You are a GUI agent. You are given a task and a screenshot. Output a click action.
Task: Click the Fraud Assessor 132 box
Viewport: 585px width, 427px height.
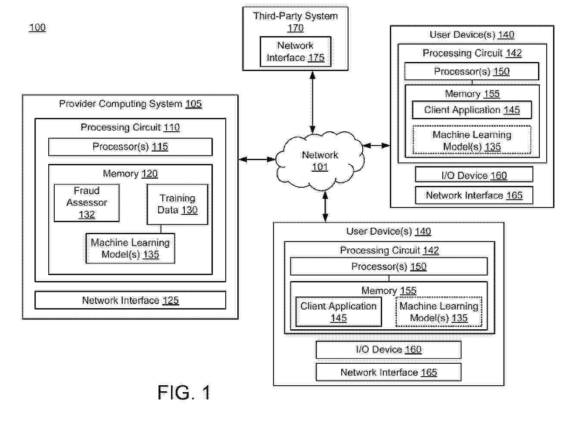pyautogui.click(x=87, y=203)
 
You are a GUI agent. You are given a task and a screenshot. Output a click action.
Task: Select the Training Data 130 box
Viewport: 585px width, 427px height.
pyautogui.click(x=177, y=204)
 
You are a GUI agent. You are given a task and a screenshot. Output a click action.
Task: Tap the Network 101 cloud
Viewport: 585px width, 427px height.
pyautogui.click(x=320, y=161)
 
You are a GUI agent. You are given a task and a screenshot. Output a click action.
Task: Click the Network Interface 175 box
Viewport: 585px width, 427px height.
pyautogui.click(x=296, y=52)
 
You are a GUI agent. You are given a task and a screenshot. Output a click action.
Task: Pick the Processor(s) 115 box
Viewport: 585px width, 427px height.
pyautogui.click(x=130, y=147)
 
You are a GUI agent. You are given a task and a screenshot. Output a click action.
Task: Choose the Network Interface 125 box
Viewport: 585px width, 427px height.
pyautogui.click(x=130, y=300)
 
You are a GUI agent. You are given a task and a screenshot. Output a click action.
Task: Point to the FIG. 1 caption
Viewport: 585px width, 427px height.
pyautogui.click(x=184, y=393)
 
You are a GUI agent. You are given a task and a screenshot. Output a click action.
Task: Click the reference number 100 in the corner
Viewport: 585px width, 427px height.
pyautogui.click(x=37, y=28)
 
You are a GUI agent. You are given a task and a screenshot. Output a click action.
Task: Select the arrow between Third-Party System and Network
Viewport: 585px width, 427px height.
pyautogui.click(x=312, y=102)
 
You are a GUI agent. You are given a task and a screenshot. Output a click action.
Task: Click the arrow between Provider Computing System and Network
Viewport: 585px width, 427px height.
pyautogui.click(x=257, y=159)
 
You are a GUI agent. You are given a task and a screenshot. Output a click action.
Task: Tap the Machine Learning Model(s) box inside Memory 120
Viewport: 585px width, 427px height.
pyautogui.click(x=130, y=248)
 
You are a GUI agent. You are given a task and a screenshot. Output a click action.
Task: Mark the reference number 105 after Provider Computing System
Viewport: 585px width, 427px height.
pyautogui.click(x=193, y=104)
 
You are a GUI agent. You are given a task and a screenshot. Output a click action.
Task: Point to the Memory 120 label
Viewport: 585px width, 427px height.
pyautogui.click(x=130, y=174)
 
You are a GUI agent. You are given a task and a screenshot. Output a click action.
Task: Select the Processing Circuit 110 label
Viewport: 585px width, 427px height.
pyautogui.click(x=130, y=127)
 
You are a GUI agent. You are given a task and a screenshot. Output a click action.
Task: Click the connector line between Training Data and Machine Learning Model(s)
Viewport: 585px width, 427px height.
pyautogui.click(x=161, y=229)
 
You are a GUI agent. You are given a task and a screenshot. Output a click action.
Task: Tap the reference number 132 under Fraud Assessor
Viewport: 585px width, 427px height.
pyautogui.click(x=87, y=214)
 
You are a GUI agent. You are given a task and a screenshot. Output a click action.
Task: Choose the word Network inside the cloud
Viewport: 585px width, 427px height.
pyautogui.click(x=320, y=155)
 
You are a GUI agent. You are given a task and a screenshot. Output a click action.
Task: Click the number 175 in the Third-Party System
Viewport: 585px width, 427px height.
pyautogui.click(x=316, y=58)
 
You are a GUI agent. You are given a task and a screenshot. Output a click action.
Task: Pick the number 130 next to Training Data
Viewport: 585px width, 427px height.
pyautogui.click(x=189, y=210)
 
